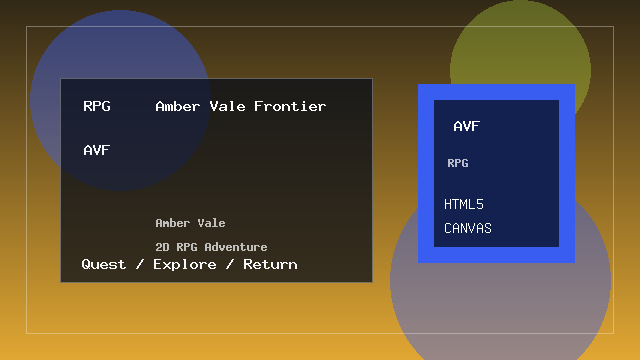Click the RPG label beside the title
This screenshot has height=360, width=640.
point(97,106)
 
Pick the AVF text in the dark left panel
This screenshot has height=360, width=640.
point(97,151)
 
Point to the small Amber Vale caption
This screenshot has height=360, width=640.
point(190,223)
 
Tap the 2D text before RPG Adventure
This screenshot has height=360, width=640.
point(162,247)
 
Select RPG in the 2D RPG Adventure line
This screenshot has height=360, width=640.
point(187,247)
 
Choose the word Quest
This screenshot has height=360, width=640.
point(104,264)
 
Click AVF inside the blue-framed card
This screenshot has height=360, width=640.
point(467,127)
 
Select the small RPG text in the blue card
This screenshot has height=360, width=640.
point(458,163)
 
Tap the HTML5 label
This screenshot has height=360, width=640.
point(464,204)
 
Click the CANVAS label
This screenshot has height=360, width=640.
point(468,228)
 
